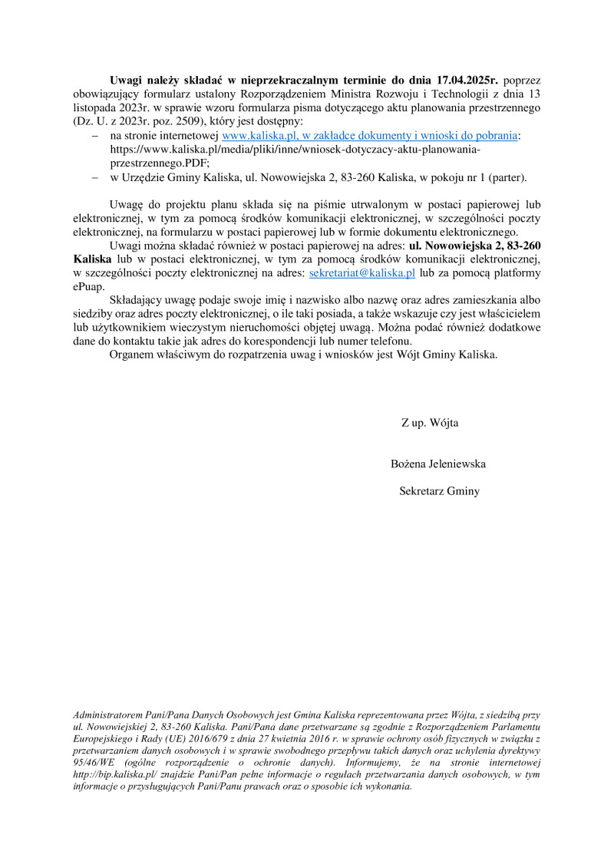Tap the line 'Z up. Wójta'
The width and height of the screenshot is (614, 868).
tap(430, 423)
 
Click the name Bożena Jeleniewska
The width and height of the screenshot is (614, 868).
tap(438, 464)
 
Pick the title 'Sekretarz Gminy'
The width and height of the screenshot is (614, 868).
tap(439, 491)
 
